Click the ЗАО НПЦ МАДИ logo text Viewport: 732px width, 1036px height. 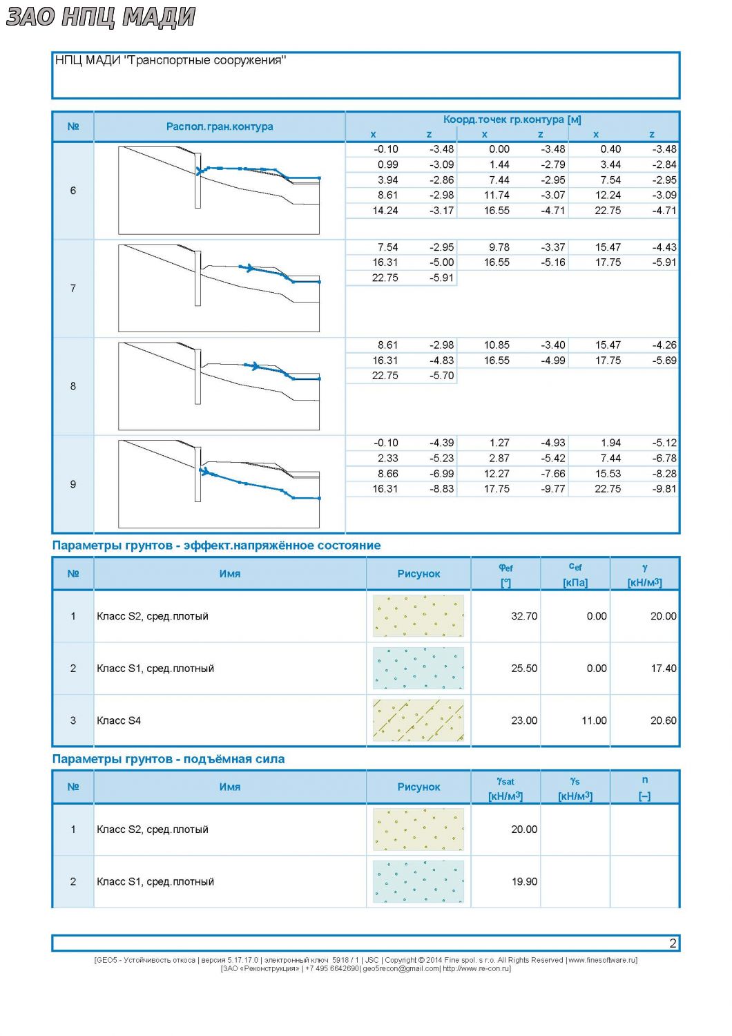coord(100,17)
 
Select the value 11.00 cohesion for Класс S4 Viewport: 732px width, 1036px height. coord(594,720)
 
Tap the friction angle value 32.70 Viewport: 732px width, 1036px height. coord(524,616)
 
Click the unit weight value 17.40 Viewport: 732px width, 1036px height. coord(663,669)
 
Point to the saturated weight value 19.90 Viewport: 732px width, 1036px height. coord(524,881)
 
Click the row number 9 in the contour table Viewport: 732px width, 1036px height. coord(73,484)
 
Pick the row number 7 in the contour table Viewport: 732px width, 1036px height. coord(73,289)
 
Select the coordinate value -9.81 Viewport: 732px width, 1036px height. coord(664,489)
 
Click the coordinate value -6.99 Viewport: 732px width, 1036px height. coord(441,474)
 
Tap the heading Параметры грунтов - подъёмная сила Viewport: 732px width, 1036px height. coord(168,759)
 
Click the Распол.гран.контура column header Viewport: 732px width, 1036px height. coord(220,126)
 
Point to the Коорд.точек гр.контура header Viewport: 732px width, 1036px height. coord(512,119)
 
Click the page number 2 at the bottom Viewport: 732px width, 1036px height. coord(673,943)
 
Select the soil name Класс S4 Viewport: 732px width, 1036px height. coord(119,720)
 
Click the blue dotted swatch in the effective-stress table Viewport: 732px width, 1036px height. coord(418,669)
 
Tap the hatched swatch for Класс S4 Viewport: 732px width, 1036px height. coord(418,720)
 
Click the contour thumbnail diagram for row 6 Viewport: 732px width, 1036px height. coord(219,191)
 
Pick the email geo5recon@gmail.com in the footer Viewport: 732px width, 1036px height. coord(401,968)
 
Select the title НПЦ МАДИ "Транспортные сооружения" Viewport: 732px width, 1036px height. coord(170,60)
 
